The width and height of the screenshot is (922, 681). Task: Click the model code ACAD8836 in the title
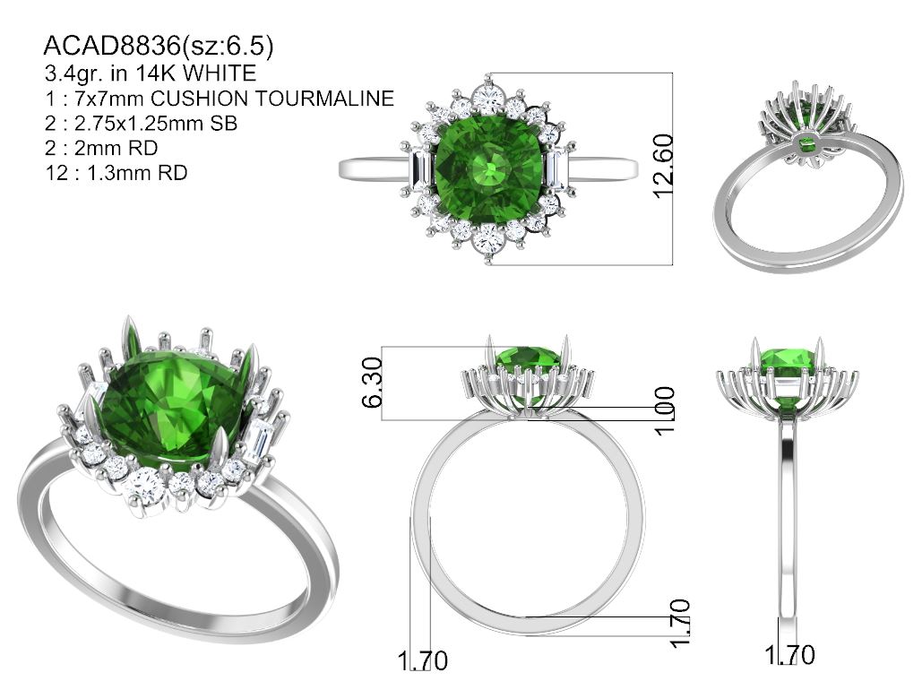click(x=112, y=46)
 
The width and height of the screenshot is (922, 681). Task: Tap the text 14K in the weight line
click(x=156, y=73)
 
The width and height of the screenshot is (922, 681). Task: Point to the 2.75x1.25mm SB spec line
click(x=141, y=123)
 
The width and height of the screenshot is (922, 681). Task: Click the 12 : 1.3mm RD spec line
click(x=116, y=173)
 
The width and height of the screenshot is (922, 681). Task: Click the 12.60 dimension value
click(x=663, y=167)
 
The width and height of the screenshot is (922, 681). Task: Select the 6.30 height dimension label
click(x=372, y=383)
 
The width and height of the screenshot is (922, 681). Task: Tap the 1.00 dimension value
click(x=665, y=410)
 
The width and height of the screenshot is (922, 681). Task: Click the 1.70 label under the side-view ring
click(x=789, y=654)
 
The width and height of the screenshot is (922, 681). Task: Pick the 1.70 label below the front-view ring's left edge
click(x=423, y=660)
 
